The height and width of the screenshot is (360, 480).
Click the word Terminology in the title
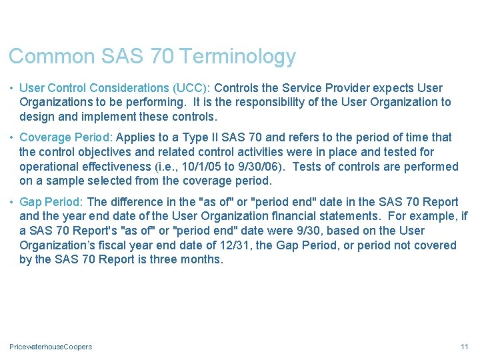pyautogui.click(x=237, y=57)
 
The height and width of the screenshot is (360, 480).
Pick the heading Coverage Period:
pyautogui.click(x=67, y=137)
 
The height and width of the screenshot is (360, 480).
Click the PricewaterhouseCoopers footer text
pyautogui.click(x=51, y=347)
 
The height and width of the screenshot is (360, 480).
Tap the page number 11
pyautogui.click(x=465, y=347)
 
